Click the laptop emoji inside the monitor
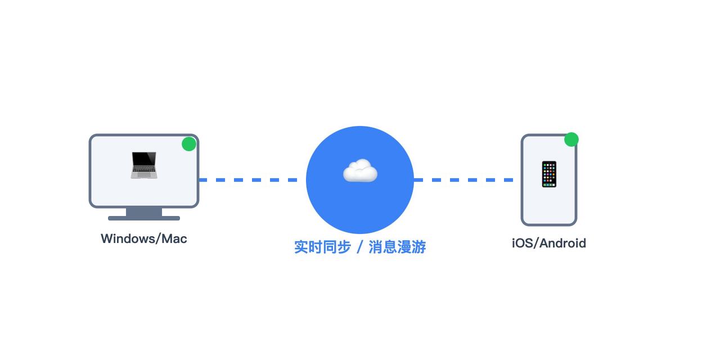[144, 165]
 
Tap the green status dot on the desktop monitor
[189, 144]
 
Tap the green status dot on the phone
[571, 139]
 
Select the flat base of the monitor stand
[144, 218]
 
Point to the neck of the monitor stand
[144, 211]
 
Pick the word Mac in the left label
[174, 238]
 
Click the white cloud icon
[360, 170]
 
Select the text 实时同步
[322, 247]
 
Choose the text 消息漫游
[397, 247]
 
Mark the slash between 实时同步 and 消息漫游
[360, 247]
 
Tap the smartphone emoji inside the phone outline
[549, 174]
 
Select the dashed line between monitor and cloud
[247, 180]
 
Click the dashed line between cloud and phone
[463, 180]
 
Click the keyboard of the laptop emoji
[144, 173]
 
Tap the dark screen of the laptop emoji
[144, 159]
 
